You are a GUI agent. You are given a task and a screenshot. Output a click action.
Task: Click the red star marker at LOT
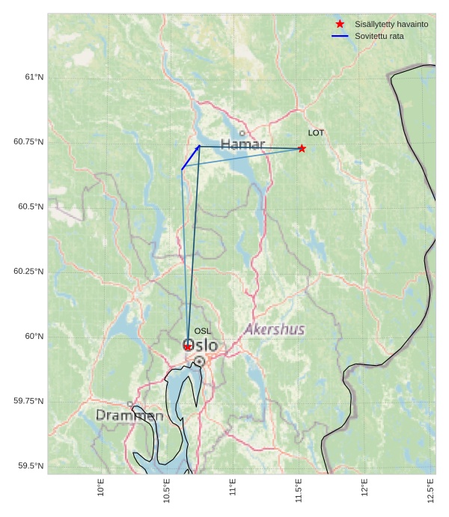tap(302, 148)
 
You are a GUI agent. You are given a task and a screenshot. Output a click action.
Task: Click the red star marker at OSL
tap(187, 346)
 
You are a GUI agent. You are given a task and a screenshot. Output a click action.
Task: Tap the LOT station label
tap(316, 132)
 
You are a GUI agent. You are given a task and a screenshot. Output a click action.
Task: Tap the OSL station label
tap(202, 331)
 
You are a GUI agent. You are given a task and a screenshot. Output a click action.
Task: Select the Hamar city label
tap(242, 144)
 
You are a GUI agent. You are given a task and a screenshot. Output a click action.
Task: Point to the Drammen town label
tap(129, 415)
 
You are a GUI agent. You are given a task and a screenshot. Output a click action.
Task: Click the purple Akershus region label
tap(275, 329)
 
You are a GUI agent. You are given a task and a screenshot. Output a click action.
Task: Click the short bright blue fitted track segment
tap(190, 158)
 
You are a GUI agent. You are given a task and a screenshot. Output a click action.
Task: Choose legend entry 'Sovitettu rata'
tap(379, 36)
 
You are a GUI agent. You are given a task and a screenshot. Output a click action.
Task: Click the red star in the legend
tap(340, 24)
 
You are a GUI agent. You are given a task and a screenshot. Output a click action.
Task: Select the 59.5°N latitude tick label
tap(30, 466)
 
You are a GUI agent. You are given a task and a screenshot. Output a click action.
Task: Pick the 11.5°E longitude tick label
tap(299, 490)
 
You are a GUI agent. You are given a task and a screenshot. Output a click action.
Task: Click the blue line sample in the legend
tap(340, 36)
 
